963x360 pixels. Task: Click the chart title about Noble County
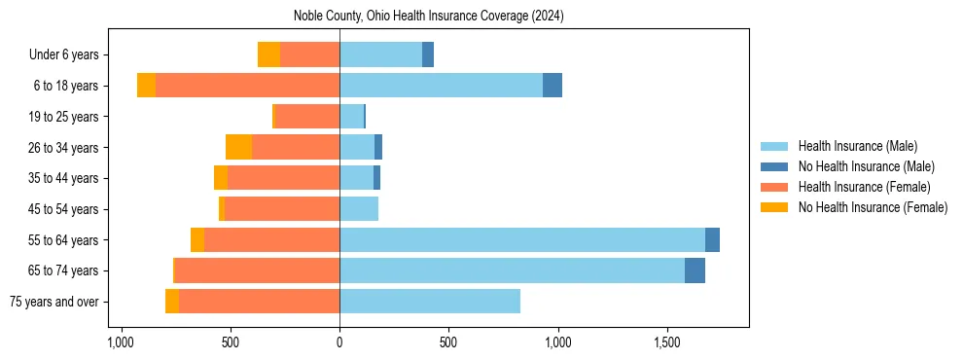click(428, 17)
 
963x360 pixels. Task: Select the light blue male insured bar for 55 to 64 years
click(522, 239)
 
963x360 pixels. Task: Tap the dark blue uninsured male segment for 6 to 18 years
click(553, 86)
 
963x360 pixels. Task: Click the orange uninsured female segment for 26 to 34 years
click(238, 147)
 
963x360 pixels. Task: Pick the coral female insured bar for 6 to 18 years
click(247, 86)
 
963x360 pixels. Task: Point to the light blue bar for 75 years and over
click(430, 302)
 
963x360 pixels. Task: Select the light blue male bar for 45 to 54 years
click(359, 209)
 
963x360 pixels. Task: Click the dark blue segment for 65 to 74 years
click(695, 270)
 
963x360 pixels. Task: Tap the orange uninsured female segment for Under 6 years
click(268, 54)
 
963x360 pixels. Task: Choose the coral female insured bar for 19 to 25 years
click(307, 117)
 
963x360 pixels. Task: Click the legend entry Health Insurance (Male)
click(857, 146)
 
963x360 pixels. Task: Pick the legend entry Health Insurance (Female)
click(864, 187)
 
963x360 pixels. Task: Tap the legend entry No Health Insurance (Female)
click(873, 207)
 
